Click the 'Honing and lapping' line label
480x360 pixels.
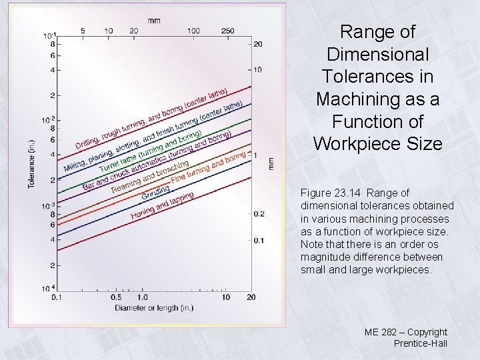click(162, 205)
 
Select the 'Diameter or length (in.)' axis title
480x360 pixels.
click(154, 307)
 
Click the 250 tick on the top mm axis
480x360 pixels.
click(227, 31)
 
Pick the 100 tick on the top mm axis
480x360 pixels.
click(193, 31)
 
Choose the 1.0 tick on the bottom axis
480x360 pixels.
click(143, 297)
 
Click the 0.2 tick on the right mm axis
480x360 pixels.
click(259, 213)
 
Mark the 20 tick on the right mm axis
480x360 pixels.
click(257, 44)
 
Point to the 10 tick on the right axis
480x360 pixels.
click(257, 70)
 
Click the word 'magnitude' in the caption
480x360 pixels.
click(329, 257)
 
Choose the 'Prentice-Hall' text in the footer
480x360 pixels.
click(420, 344)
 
